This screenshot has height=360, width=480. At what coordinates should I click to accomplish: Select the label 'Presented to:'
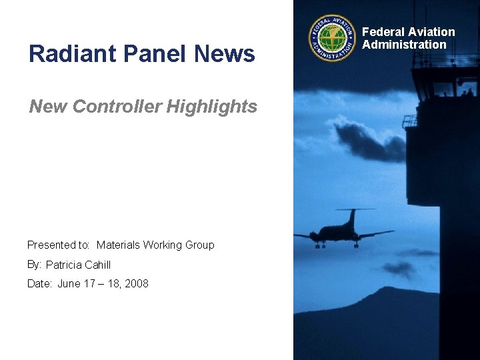click(x=59, y=245)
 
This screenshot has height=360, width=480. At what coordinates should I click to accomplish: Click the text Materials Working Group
click(x=155, y=245)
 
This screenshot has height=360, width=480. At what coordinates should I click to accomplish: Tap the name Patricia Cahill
click(x=78, y=265)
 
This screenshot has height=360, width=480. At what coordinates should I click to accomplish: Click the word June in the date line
click(x=69, y=284)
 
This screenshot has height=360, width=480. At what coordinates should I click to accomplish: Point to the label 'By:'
click(x=34, y=265)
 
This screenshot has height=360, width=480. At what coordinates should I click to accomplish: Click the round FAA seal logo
click(x=333, y=38)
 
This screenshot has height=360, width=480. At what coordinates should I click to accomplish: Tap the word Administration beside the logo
click(x=404, y=45)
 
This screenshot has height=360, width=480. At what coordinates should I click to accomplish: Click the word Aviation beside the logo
click(x=432, y=32)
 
